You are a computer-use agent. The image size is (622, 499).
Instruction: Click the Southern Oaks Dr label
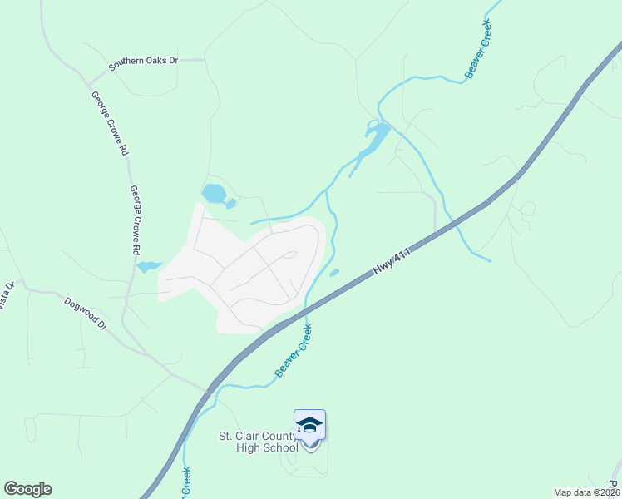click(145, 62)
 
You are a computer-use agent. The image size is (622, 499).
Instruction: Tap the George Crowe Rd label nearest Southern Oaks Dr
click(109, 124)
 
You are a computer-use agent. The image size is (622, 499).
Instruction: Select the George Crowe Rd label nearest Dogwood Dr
click(135, 220)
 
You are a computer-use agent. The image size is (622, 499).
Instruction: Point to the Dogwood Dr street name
click(86, 313)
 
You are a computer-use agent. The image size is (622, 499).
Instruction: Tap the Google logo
click(27, 489)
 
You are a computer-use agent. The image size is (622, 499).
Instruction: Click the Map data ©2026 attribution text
click(586, 492)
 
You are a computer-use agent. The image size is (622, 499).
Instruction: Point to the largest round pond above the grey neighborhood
click(214, 194)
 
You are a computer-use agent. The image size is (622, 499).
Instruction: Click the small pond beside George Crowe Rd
click(148, 267)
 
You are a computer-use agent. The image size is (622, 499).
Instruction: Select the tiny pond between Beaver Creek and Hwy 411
click(334, 272)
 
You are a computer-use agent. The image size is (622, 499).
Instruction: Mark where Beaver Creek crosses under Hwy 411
click(306, 312)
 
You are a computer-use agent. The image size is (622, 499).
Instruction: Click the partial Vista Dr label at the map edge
click(7, 296)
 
